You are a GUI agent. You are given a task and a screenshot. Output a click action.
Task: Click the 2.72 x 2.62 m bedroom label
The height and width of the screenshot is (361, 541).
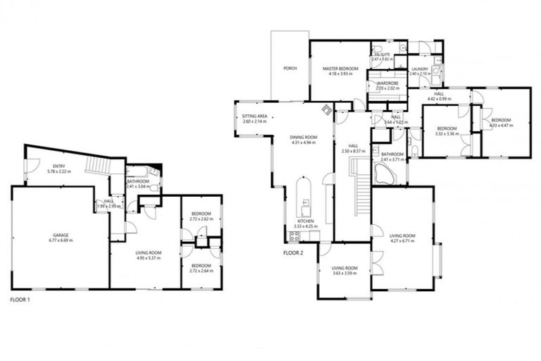click(201, 219)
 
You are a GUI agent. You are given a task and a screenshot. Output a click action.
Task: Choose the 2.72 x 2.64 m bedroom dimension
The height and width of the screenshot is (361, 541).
click(201, 270)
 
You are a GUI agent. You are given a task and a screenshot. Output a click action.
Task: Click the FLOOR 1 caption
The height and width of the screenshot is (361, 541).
click(20, 300)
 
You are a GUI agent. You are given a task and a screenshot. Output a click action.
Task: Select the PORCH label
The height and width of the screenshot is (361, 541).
click(290, 68)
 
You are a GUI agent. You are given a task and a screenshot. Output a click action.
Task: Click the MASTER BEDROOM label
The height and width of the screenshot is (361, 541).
click(341, 68)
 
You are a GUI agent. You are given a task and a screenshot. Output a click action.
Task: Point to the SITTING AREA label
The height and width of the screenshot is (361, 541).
click(254, 118)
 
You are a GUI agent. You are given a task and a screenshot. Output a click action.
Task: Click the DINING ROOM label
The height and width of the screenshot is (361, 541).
click(304, 137)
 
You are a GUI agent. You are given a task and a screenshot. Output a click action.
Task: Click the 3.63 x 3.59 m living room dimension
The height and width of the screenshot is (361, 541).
click(345, 272)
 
